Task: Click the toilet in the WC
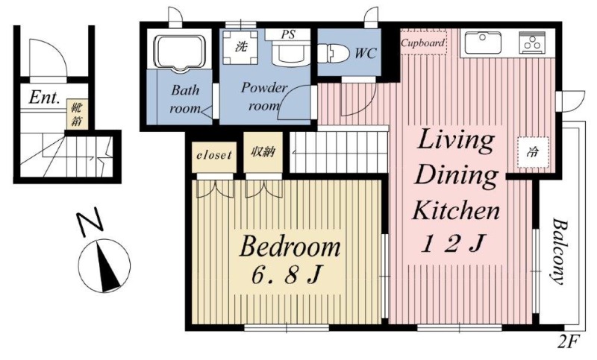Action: pyautogui.click(x=333, y=53)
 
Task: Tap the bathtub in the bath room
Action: pyautogui.click(x=179, y=54)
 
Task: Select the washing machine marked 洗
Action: pyautogui.click(x=240, y=47)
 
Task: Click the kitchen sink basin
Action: pyautogui.click(x=482, y=42)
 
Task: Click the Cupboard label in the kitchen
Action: pyautogui.click(x=423, y=43)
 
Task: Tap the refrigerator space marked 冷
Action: pyautogui.click(x=533, y=152)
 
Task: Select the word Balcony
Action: pyautogui.click(x=558, y=251)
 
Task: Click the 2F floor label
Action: pyautogui.click(x=569, y=342)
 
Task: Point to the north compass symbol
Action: pyautogui.click(x=104, y=265)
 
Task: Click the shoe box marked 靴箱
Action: pyautogui.click(x=77, y=114)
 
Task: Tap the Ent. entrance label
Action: pyautogui.click(x=45, y=98)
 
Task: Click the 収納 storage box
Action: pyautogui.click(x=263, y=152)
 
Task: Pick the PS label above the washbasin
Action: pyautogui.click(x=288, y=34)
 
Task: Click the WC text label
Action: pyautogui.click(x=366, y=53)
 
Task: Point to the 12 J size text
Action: pyautogui.click(x=454, y=243)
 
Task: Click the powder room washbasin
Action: pyautogui.click(x=291, y=54)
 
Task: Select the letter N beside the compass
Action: pyautogui.click(x=90, y=220)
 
